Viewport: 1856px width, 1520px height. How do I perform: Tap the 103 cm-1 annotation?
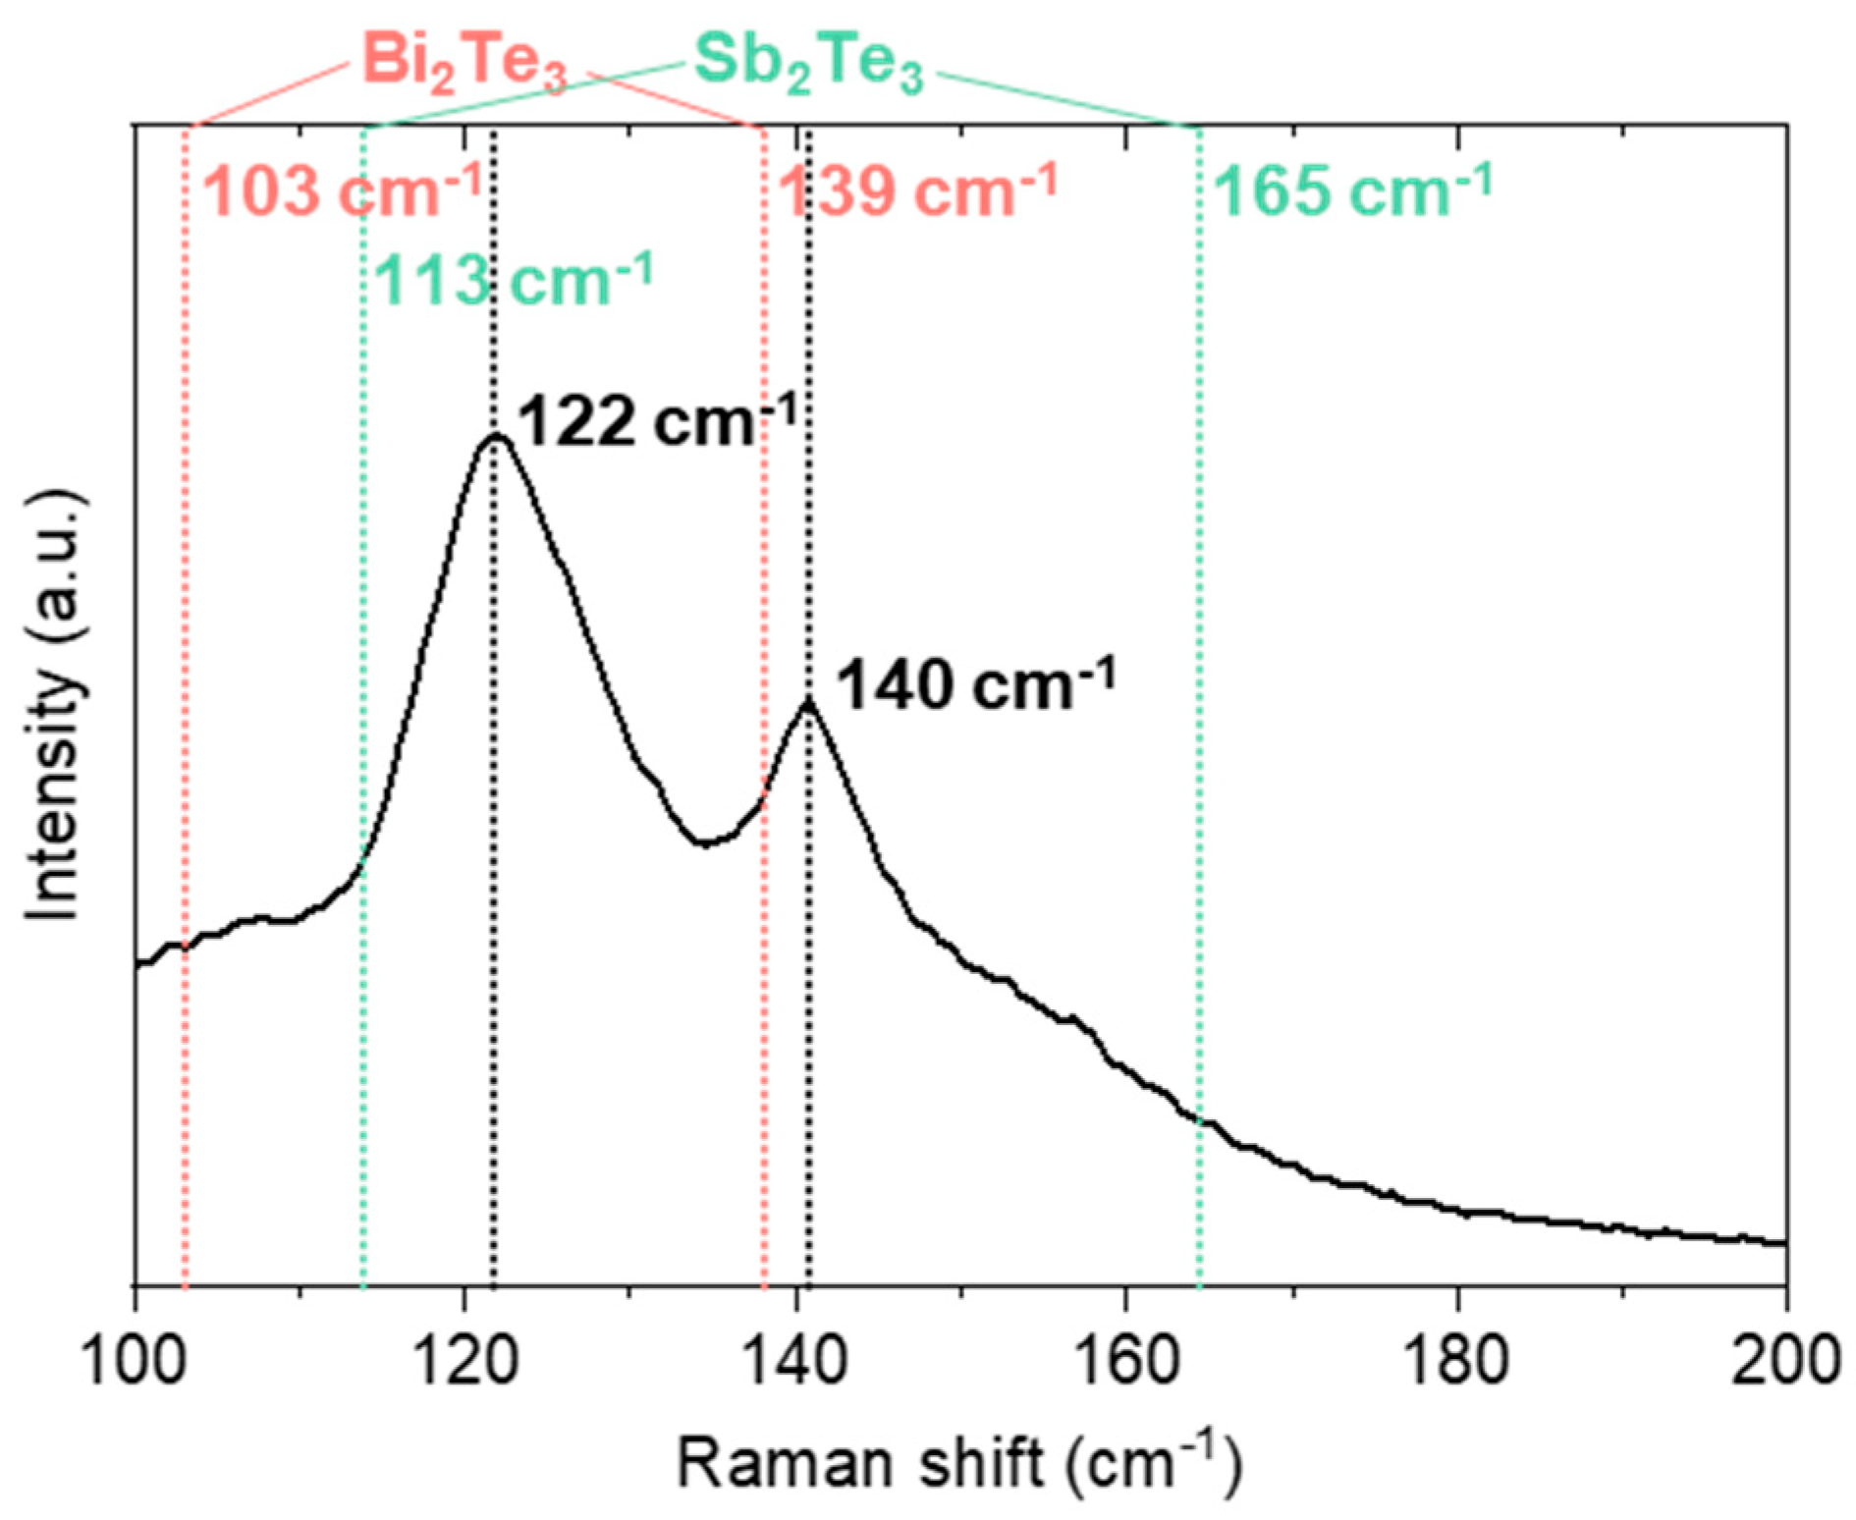pos(342,190)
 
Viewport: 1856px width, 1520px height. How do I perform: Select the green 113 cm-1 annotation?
pos(513,280)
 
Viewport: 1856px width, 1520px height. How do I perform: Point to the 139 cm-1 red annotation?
pos(918,190)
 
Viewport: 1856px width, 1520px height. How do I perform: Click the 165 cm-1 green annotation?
pos(1353,190)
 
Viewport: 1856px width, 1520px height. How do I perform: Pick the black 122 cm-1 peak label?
pos(656,422)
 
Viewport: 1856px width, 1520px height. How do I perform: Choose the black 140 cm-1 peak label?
pos(975,684)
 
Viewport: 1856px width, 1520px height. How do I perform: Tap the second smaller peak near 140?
pos(808,701)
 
